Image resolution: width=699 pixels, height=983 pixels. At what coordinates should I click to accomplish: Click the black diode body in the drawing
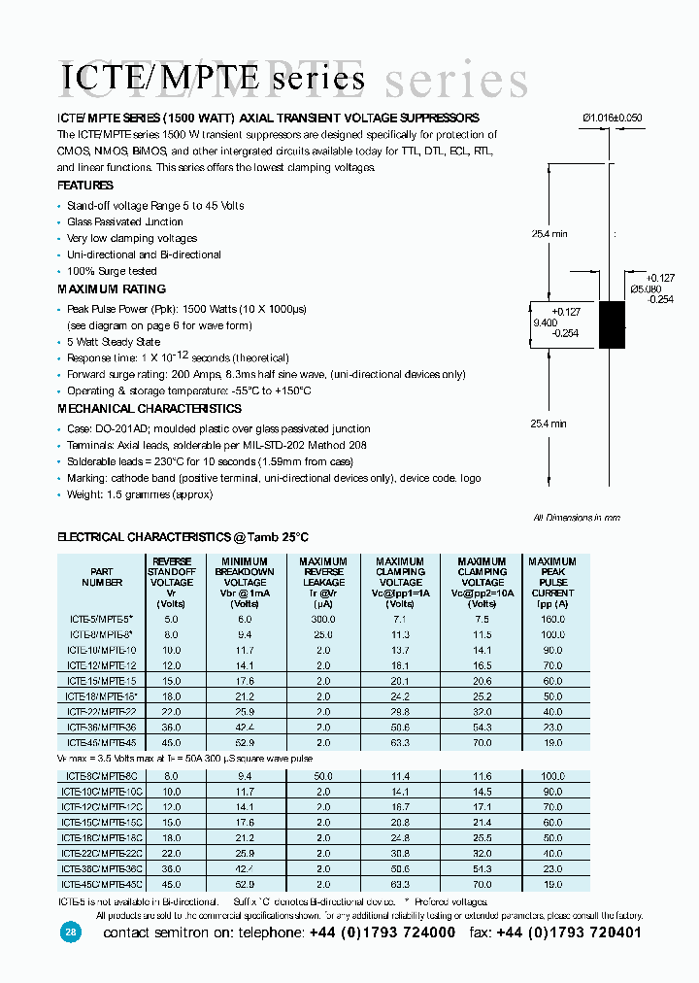coord(612,324)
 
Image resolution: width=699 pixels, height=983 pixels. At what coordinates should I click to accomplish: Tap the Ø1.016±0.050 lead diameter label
coord(612,118)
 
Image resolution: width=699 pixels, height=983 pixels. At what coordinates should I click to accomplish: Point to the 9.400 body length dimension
coord(546,322)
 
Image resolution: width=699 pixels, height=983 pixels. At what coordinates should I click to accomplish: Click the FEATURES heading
coord(85,186)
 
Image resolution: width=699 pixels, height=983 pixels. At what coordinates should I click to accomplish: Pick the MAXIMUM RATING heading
coord(112,289)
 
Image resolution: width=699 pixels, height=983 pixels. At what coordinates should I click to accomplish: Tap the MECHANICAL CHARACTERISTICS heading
coord(150,409)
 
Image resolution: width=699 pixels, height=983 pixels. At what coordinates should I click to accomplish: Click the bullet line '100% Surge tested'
coord(112,271)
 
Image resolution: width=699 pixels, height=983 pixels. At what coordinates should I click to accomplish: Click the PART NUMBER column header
coord(101,578)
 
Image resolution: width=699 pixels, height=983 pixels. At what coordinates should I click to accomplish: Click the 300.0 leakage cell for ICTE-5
coord(322,618)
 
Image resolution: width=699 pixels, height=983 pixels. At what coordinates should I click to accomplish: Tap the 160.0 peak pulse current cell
coord(553,618)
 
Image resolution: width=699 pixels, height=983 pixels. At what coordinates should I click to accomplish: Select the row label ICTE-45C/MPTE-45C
coord(102,884)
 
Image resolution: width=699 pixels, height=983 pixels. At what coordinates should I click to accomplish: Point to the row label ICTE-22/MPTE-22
coord(102,712)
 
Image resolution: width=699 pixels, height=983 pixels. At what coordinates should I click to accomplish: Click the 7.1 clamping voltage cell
coord(400,618)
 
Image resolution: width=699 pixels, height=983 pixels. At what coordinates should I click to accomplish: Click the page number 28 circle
coord(71,932)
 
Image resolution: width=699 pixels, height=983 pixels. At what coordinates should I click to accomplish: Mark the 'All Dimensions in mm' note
coord(577,518)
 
